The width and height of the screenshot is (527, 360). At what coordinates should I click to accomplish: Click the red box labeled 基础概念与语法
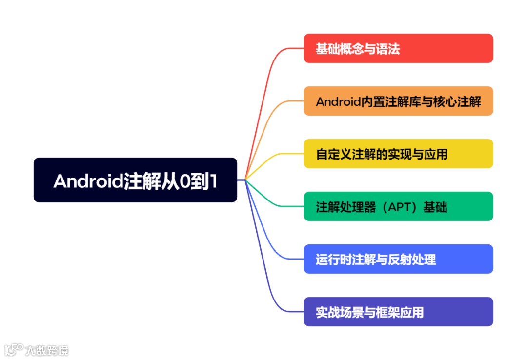(x=398, y=48)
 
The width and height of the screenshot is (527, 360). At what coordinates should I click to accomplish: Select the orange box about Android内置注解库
(x=398, y=101)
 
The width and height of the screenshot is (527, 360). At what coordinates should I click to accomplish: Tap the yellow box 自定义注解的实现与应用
(x=398, y=154)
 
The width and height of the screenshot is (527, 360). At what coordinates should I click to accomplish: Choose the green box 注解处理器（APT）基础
(x=398, y=206)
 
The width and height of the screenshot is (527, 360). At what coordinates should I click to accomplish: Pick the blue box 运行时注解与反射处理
(x=398, y=259)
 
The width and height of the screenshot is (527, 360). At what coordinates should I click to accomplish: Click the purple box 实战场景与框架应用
(x=398, y=312)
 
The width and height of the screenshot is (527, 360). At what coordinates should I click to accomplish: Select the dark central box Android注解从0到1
(x=135, y=180)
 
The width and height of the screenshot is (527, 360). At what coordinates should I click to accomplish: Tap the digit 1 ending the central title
(x=213, y=181)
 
